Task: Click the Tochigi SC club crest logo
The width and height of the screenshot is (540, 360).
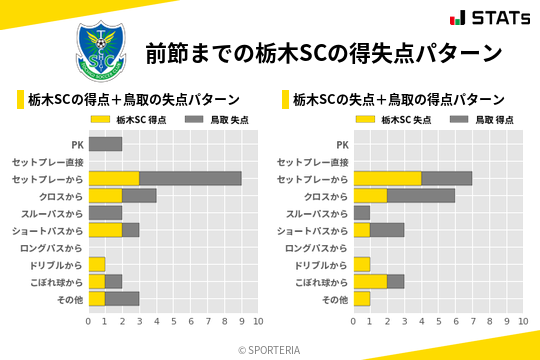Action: [101, 51]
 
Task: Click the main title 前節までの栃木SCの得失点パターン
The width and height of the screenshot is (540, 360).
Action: [323, 52]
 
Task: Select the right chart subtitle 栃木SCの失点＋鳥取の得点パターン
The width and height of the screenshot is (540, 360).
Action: [397, 99]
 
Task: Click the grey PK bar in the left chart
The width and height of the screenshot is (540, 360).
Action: [105, 144]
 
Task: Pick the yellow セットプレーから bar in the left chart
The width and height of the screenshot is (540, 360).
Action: [113, 178]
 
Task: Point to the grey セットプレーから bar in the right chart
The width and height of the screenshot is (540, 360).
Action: [446, 178]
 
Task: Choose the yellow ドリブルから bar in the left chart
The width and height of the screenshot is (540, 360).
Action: [96, 264]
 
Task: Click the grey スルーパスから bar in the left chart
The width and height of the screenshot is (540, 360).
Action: [105, 213]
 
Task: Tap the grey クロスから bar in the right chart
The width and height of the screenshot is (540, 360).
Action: [421, 196]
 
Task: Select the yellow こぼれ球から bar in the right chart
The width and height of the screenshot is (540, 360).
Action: [370, 282]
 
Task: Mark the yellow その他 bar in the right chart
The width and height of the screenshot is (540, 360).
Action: [361, 299]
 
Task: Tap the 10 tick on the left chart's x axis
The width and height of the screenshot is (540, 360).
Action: [257, 322]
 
